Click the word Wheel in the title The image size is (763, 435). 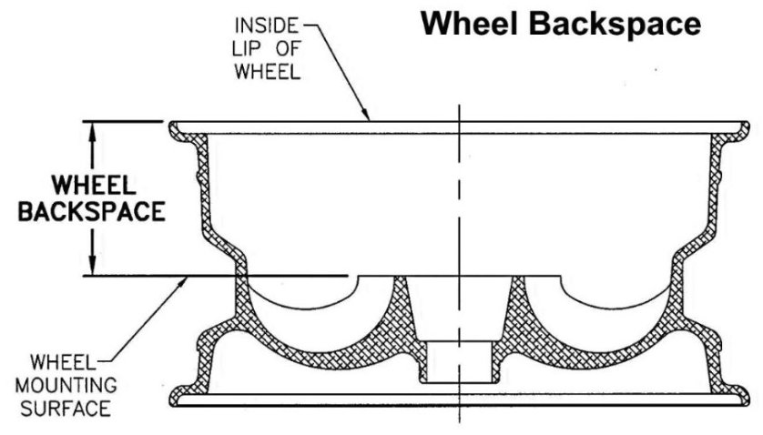(470, 24)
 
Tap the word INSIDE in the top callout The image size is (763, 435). (266, 25)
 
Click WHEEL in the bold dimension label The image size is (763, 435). (94, 186)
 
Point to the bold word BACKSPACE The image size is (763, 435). (92, 212)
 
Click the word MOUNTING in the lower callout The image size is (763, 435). (66, 385)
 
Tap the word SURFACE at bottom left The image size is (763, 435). (66, 409)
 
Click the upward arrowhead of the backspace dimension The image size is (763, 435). (91, 130)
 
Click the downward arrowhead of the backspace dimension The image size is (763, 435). (91, 266)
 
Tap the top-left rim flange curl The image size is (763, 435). (176, 130)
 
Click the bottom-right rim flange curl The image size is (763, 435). (740, 396)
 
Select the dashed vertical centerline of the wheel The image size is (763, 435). (459, 265)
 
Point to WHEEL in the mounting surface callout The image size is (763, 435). (62, 362)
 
